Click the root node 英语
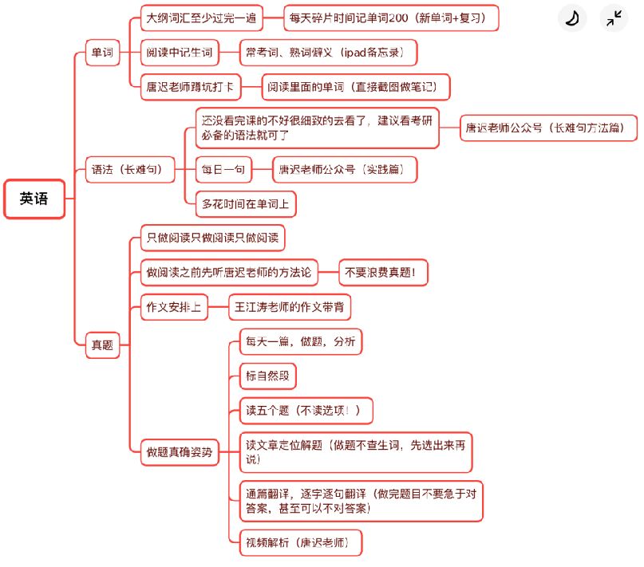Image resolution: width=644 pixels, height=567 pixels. (x=34, y=199)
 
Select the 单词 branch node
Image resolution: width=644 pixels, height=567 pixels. (x=102, y=54)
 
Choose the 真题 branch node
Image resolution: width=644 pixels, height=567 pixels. (x=102, y=345)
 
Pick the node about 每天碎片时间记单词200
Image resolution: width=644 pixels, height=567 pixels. (x=391, y=18)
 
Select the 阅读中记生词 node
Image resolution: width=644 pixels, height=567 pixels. (x=179, y=53)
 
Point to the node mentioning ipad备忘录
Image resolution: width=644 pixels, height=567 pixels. (x=328, y=53)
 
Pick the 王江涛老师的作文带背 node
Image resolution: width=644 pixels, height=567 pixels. (x=290, y=307)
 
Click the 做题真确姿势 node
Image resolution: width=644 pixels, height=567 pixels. (x=179, y=451)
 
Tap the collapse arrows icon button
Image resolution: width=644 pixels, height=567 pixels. (x=614, y=18)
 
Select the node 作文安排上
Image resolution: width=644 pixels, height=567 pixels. (x=173, y=307)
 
